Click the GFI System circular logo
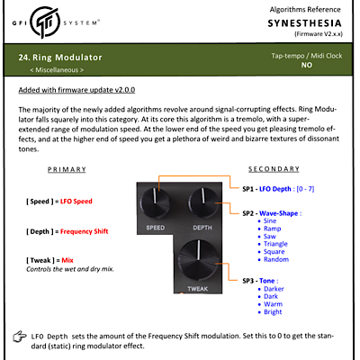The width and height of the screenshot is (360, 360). [45, 22]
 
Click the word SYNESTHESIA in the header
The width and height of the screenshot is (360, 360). [304, 23]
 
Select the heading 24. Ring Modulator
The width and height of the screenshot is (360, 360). [60, 58]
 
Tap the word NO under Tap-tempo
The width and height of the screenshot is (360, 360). [307, 65]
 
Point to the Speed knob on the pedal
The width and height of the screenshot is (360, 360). [155, 201]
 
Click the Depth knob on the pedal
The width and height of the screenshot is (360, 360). [203, 201]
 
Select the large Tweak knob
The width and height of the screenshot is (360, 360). [198, 259]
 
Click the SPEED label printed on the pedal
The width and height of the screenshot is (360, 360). [155, 228]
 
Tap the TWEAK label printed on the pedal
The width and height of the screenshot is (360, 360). [197, 289]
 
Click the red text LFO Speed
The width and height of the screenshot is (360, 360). [76, 202]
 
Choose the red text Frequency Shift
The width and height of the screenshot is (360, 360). [84, 231]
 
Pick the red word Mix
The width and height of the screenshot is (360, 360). [67, 260]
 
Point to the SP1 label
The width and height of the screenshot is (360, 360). [247, 189]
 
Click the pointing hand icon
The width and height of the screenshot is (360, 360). [20, 337]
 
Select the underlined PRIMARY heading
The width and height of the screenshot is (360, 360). [67, 169]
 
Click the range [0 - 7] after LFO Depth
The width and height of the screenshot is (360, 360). [305, 189]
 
